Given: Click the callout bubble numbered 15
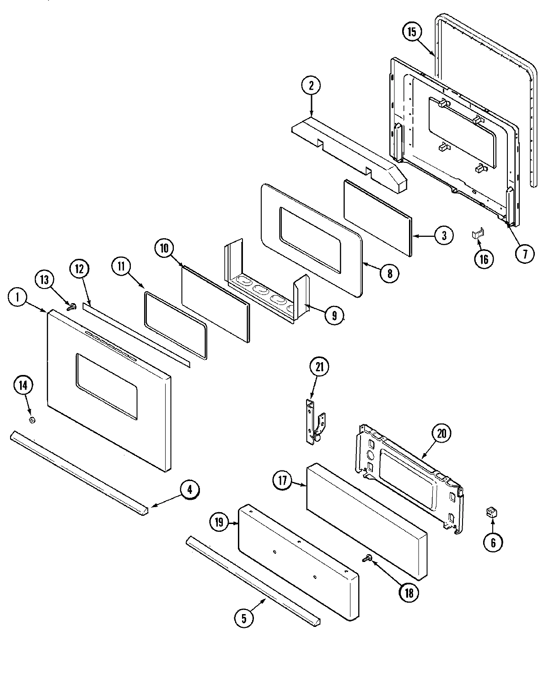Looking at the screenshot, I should tap(412, 32).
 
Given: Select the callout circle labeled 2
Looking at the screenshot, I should tap(311, 85).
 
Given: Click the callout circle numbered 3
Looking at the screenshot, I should tap(443, 235).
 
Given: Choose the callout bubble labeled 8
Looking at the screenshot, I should tap(389, 273).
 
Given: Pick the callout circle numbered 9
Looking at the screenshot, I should tap(334, 315).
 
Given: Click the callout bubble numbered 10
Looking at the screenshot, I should tap(164, 248).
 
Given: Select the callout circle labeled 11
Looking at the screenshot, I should tap(121, 267).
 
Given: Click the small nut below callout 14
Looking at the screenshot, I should tap(32, 420).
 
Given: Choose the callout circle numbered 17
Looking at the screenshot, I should tap(282, 481).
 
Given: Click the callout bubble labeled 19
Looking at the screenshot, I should tap(219, 522).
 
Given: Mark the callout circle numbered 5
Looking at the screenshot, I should tap(243, 618).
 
